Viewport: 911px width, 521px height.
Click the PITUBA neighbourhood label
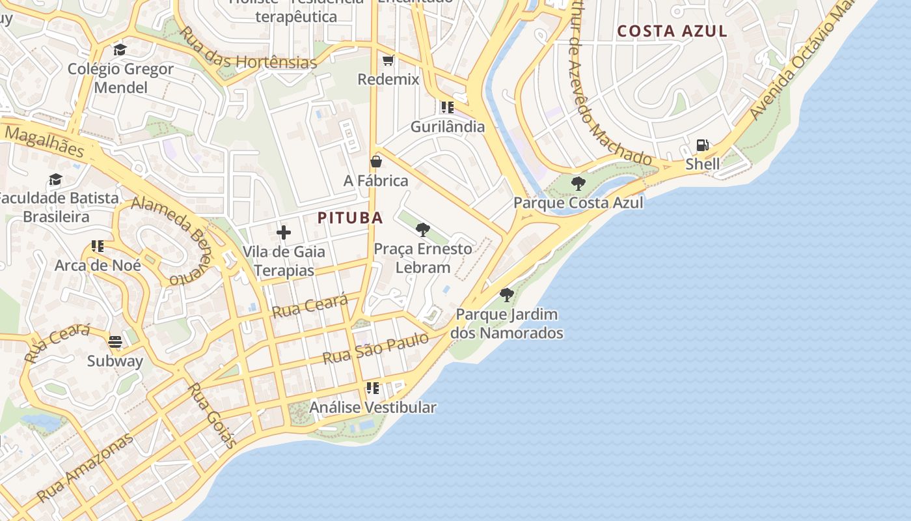pyautogui.click(x=350, y=218)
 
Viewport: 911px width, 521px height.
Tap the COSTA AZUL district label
pyautogui.click(x=672, y=31)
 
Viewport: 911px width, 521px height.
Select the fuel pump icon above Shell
pyautogui.click(x=703, y=145)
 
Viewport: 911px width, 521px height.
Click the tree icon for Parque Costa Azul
pyautogui.click(x=578, y=184)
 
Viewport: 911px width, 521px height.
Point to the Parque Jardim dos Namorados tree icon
pyautogui.click(x=507, y=295)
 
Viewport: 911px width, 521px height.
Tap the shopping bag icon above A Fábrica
pyautogui.click(x=376, y=162)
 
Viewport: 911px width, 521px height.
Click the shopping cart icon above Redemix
pyautogui.click(x=388, y=61)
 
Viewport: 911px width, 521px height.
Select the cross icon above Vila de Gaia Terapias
pyautogui.click(x=284, y=232)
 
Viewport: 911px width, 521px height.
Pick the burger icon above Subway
pyautogui.click(x=115, y=342)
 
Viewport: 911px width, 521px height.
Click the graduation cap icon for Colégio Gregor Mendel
pyautogui.click(x=120, y=50)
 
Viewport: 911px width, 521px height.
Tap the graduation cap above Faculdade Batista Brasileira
pyautogui.click(x=55, y=179)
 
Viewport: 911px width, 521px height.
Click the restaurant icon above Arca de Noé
pyautogui.click(x=98, y=246)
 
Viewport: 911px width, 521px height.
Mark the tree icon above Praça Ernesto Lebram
pyautogui.click(x=423, y=229)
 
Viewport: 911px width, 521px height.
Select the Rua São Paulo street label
pyautogui.click(x=375, y=348)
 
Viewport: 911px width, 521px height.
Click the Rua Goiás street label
pyautogui.click(x=212, y=415)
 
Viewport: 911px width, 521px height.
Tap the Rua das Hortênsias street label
pyautogui.click(x=247, y=48)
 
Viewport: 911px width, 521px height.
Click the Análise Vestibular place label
pyautogui.click(x=373, y=408)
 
